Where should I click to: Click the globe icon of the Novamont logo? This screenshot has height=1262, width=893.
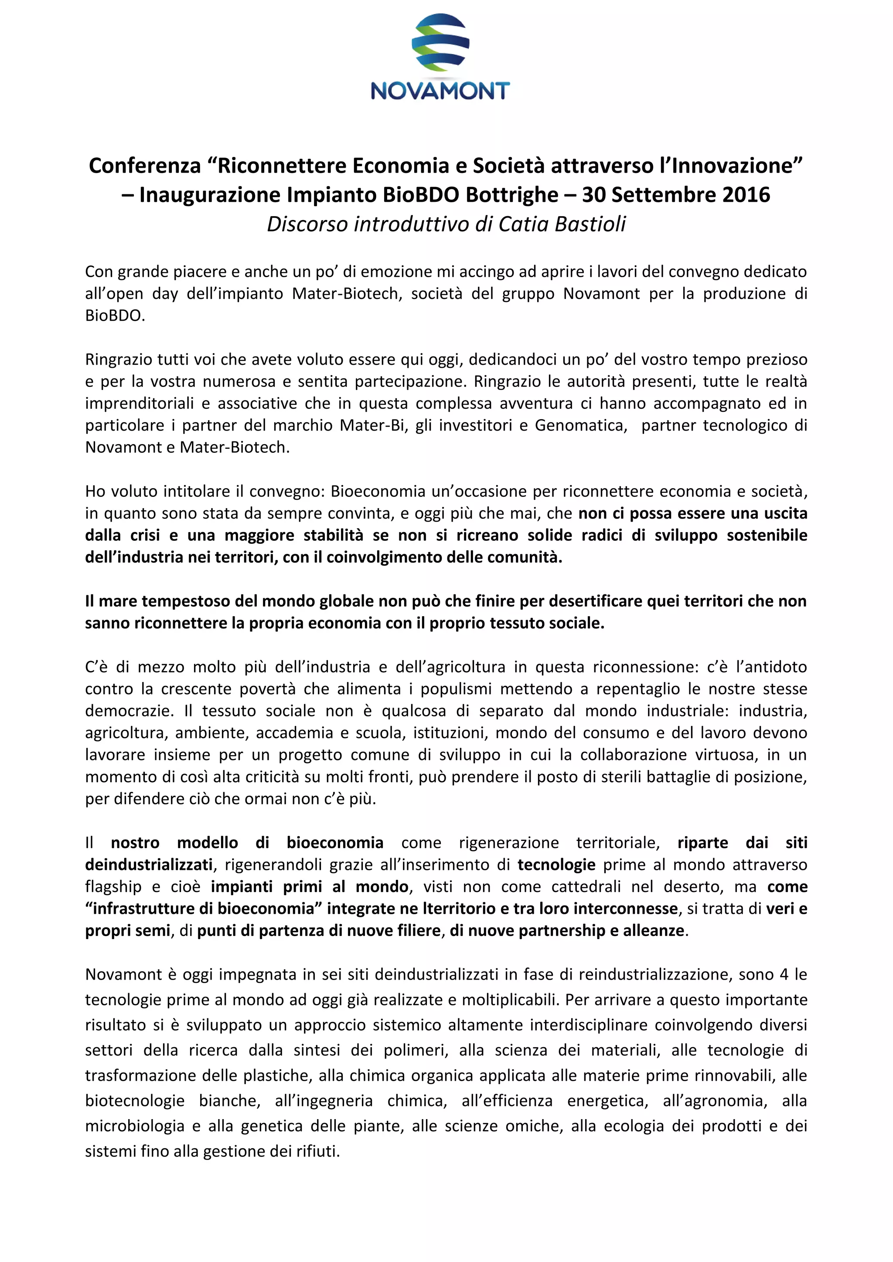440,43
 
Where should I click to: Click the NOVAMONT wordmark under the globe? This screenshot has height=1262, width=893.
440,91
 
